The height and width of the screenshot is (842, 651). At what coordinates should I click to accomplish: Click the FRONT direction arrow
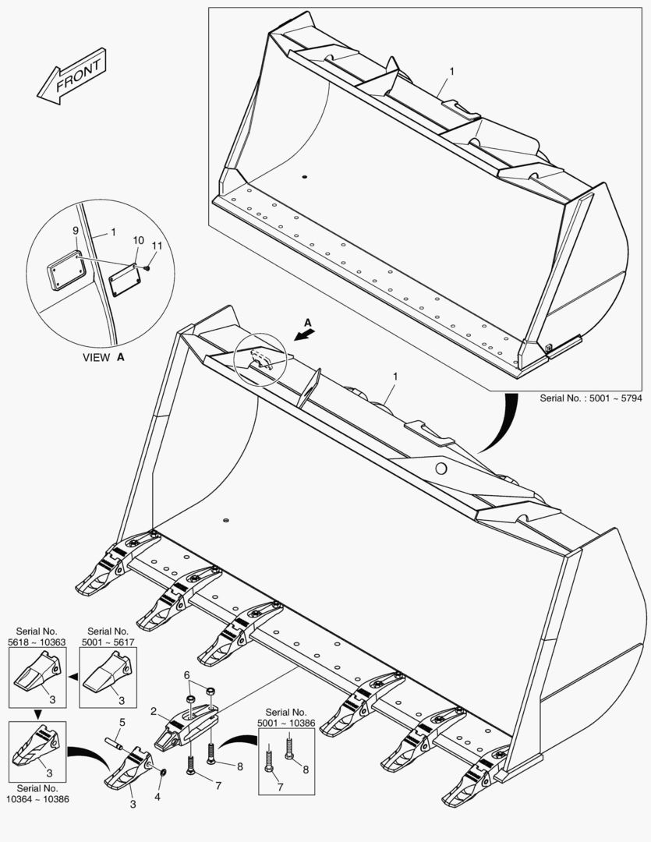tap(71, 75)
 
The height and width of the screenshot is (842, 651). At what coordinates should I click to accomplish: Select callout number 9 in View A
tap(76, 231)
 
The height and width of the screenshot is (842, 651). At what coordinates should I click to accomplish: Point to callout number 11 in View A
tap(157, 246)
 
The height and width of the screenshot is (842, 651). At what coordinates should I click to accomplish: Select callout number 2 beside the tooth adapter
tap(154, 711)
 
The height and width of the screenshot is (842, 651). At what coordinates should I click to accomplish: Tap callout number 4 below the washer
tap(158, 797)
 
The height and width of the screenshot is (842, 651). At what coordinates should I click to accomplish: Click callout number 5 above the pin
tap(122, 722)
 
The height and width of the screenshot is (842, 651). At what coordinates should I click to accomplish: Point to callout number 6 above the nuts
tap(187, 674)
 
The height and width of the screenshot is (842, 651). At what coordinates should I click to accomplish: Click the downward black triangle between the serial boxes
tap(36, 713)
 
